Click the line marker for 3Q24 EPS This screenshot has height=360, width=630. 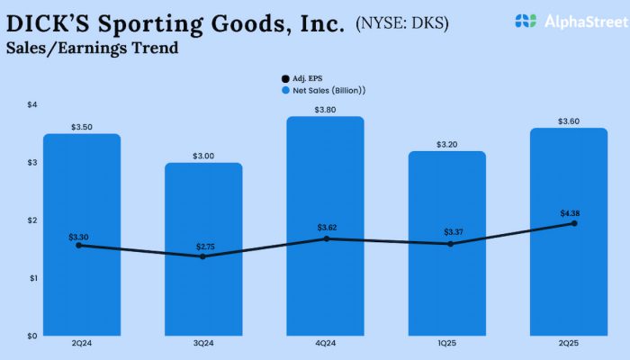point(202,256)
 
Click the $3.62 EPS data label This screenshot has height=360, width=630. point(326,228)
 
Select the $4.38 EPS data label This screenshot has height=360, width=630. point(570,213)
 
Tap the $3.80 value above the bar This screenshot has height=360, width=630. point(326,110)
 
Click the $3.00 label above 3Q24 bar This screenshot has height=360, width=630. point(203,156)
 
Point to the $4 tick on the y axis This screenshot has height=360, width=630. point(32,105)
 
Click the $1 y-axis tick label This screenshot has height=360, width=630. point(32,278)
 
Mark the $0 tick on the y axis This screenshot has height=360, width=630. point(32,336)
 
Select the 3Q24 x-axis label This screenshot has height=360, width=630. point(203,343)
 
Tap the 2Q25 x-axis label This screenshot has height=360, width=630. point(570,343)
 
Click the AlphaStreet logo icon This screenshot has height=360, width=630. point(525,20)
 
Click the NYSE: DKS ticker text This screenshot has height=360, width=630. point(406,22)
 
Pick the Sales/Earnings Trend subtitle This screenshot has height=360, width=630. point(92,49)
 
